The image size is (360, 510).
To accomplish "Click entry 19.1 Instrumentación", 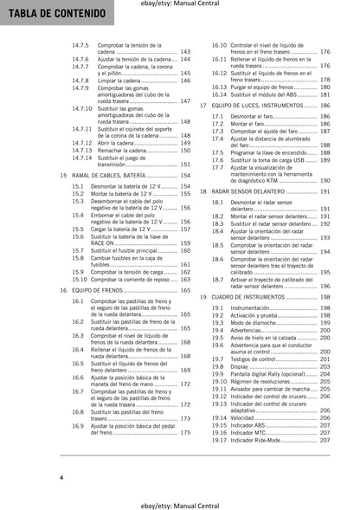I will pos(252,307).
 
